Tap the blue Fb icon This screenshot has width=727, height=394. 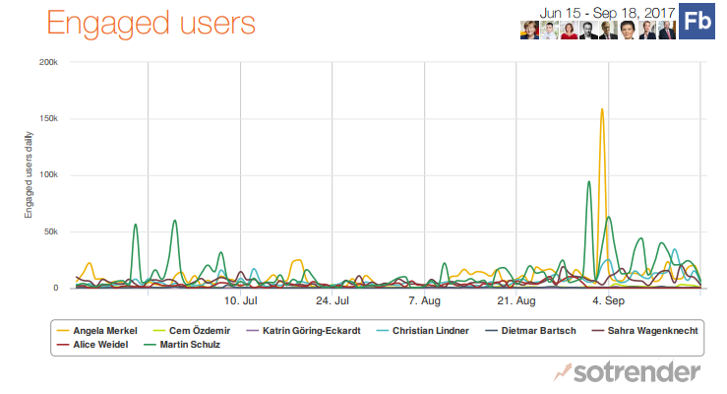697,23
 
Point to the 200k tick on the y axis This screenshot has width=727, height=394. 47,62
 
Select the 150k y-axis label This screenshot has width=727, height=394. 47,119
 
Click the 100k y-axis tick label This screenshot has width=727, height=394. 47,175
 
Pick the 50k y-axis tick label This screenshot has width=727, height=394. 50,232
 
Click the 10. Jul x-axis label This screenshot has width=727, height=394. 240,300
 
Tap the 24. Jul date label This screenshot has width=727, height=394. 333,300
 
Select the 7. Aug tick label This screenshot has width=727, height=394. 424,300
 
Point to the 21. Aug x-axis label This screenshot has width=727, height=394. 516,300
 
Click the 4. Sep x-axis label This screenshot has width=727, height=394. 608,300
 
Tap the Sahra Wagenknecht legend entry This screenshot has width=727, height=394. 652,330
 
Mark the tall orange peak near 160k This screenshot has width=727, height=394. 601,110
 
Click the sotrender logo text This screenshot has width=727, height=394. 638,371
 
